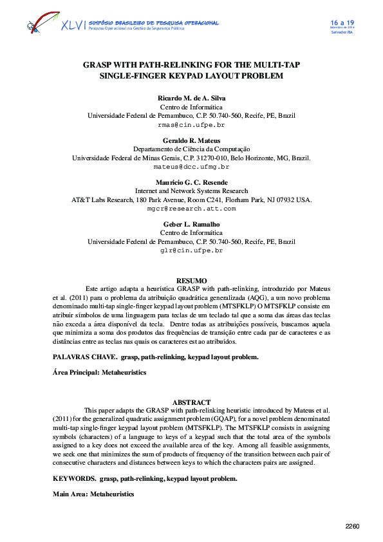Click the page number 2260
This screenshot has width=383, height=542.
click(x=352, y=527)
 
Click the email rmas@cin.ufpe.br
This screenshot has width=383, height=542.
click(x=191, y=124)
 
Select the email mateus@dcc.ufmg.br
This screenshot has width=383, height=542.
click(x=191, y=166)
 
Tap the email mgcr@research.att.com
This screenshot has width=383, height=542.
click(x=191, y=209)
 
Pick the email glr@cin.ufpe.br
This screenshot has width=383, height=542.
click(x=191, y=250)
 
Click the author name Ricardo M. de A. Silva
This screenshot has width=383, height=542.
click(x=191, y=98)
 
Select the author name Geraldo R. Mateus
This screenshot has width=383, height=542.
click(x=191, y=140)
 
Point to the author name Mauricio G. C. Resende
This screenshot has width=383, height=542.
click(x=191, y=182)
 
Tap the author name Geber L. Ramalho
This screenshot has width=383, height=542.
click(x=191, y=224)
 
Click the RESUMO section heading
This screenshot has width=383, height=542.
click(x=191, y=281)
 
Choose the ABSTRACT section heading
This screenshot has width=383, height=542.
click(x=191, y=402)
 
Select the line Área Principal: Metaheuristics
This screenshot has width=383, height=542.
click(x=99, y=372)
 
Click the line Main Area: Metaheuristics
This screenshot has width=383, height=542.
click(x=93, y=494)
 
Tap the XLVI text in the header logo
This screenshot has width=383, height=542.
click(x=73, y=26)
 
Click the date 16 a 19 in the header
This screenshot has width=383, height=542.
click(x=342, y=23)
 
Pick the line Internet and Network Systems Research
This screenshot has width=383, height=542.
click(x=191, y=191)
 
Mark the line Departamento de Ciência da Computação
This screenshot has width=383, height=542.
click(x=191, y=149)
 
